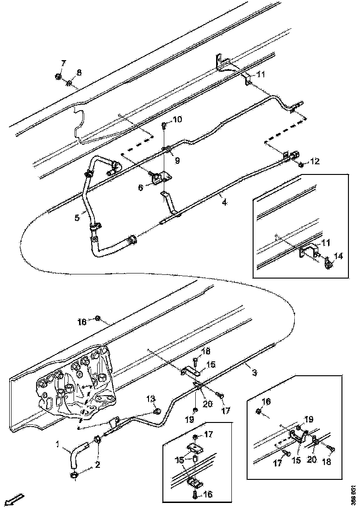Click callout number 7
[x=63, y=63]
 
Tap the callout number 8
[x=79, y=72]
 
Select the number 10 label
[x=177, y=119]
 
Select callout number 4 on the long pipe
[x=223, y=202]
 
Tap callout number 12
[x=315, y=161]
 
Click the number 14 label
[x=339, y=255]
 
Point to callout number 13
[x=151, y=399]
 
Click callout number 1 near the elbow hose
[x=58, y=445]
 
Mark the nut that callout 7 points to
[x=58, y=77]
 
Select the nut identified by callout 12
[x=301, y=164]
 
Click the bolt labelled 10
[x=164, y=126]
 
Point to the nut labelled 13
[x=157, y=411]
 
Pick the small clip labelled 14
[x=329, y=265]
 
